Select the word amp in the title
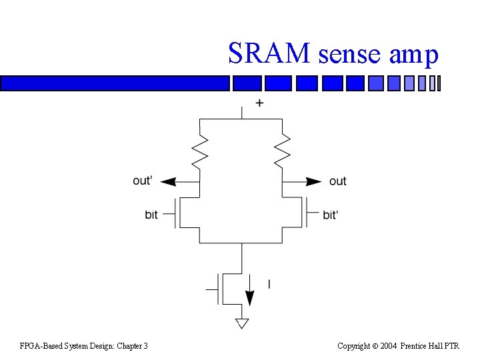413,55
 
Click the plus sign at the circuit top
259,103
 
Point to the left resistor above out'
200,152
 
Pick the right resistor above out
283,152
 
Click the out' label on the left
143,181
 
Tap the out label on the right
338,181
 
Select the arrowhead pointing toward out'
169,181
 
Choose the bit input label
151,215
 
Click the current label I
269,285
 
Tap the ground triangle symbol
241,324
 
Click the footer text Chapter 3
131,346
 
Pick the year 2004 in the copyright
389,346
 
